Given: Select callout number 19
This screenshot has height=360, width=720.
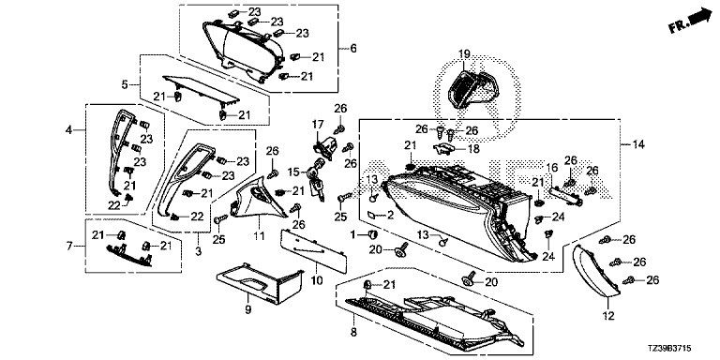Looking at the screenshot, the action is point(464,54).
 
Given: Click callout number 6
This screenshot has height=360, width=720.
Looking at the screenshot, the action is point(353,48).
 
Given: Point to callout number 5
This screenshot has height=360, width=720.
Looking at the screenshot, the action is point(125,84).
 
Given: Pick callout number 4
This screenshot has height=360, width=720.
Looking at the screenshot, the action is point(68,130).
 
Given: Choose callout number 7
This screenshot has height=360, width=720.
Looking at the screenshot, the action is point(69,247).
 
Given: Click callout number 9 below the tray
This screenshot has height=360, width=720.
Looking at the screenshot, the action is point(248,310).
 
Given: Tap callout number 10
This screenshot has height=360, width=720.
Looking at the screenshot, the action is point(317,279).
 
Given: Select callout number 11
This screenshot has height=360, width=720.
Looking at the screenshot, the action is point(260,237).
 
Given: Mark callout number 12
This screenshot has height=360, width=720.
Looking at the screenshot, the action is point(608,315).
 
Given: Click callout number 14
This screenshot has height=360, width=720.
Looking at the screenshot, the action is point(638,145).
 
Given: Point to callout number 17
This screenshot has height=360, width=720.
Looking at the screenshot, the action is point(318,124).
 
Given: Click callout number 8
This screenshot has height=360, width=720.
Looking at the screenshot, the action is point(353,333).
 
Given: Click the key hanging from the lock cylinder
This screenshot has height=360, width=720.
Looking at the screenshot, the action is point(318,189).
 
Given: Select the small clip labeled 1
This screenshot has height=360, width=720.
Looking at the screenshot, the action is point(373,235).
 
